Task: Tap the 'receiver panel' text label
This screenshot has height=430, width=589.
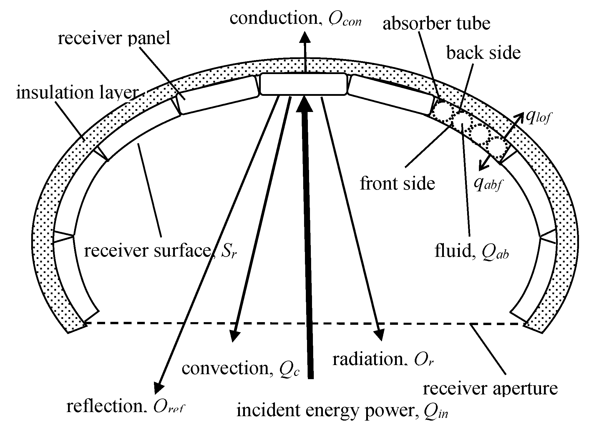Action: point(114,38)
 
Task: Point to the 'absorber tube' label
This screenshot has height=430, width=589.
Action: point(436,24)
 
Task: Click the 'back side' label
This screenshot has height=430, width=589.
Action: point(483,53)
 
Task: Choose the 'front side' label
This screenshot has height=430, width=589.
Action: point(397,183)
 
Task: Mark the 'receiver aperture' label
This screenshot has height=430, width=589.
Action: point(490,388)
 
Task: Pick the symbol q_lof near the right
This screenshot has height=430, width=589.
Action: point(537,118)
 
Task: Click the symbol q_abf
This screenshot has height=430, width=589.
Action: point(487,184)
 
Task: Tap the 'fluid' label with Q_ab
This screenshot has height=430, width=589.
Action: point(471,252)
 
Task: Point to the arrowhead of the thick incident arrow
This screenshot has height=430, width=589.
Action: point(304,104)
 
